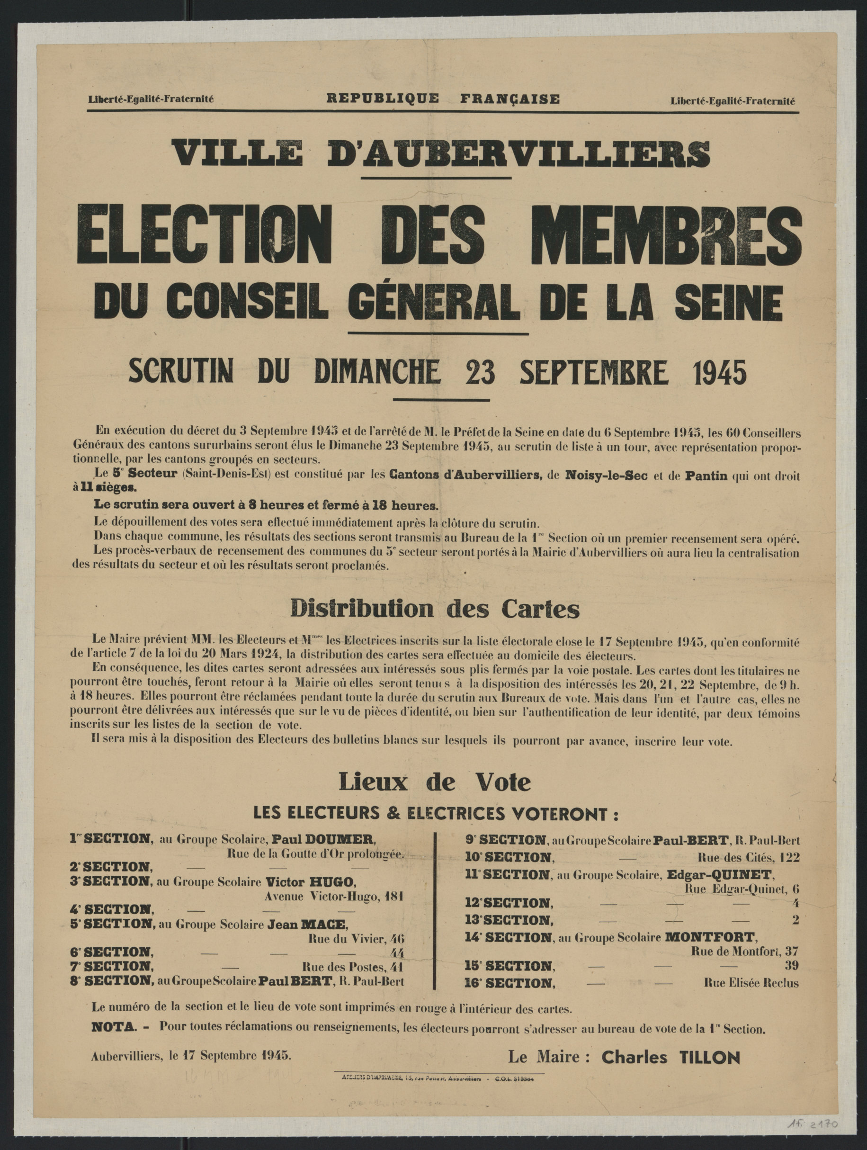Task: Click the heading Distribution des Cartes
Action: coord(435,609)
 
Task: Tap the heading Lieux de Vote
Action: coord(435,782)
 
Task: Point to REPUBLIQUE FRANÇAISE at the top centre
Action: coord(443,98)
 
